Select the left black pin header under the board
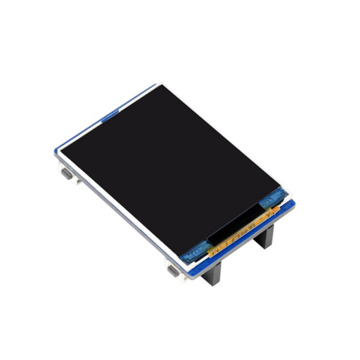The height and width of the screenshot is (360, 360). pyautogui.click(x=214, y=275)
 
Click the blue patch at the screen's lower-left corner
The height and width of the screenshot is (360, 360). pyautogui.click(x=196, y=248)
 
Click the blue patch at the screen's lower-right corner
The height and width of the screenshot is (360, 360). pyautogui.click(x=270, y=205)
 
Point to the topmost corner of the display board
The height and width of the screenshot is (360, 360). pyautogui.click(x=153, y=86)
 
